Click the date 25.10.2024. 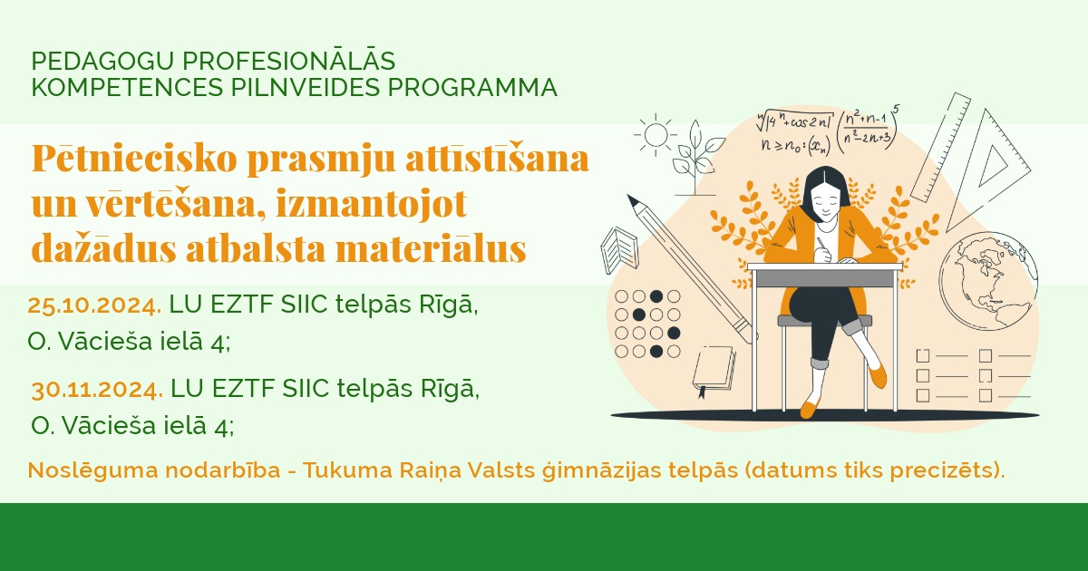click(x=94, y=305)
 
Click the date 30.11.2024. click(x=97, y=390)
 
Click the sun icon click(x=655, y=135)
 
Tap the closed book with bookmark click(x=713, y=370)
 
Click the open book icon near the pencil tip click(x=619, y=247)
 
